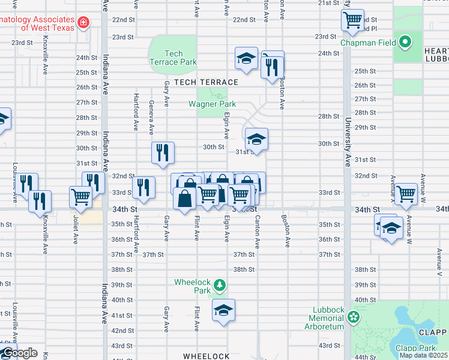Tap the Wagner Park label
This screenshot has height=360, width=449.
(x=212, y=104)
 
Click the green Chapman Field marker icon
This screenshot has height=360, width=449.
(x=405, y=43)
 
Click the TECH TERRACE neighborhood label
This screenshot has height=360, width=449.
(x=206, y=82)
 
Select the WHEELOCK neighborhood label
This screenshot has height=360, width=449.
(x=206, y=356)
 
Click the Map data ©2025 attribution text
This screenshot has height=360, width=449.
(x=423, y=355)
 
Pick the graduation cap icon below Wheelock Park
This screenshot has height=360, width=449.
(x=223, y=310)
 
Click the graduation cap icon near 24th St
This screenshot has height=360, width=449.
(x=246, y=58)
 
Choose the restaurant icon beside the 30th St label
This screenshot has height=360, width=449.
(x=163, y=152)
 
